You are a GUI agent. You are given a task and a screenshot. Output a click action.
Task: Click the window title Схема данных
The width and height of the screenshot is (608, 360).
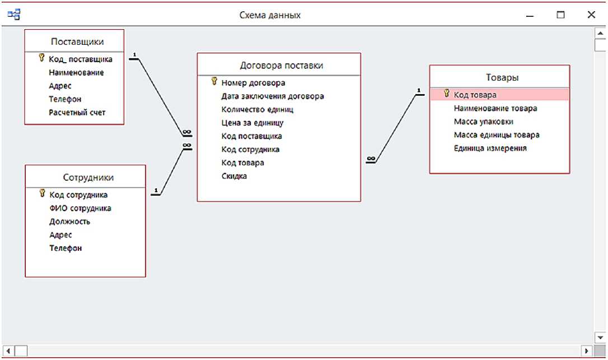pyautogui.click(x=270, y=16)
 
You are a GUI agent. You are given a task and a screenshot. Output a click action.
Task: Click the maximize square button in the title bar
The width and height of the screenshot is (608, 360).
pyautogui.click(x=560, y=16)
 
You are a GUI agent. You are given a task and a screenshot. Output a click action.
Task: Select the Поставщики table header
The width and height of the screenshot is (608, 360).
pyautogui.click(x=77, y=41)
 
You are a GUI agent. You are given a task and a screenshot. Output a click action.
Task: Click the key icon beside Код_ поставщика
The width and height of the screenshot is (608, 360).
pyautogui.click(x=41, y=58)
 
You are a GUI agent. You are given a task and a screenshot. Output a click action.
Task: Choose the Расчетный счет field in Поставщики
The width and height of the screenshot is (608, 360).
pyautogui.click(x=77, y=113)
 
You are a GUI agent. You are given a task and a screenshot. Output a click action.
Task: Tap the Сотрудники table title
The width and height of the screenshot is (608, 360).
pyautogui.click(x=88, y=177)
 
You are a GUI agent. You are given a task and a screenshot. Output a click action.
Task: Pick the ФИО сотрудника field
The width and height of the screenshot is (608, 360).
pyautogui.click(x=80, y=208)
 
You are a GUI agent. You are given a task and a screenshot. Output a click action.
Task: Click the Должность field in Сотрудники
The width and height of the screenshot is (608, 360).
pyautogui.click(x=70, y=222)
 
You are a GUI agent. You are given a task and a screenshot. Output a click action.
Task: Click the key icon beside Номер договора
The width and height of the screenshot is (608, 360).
pyautogui.click(x=214, y=82)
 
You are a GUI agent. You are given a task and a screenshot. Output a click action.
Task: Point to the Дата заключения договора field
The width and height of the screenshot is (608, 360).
pyautogui.click(x=273, y=96)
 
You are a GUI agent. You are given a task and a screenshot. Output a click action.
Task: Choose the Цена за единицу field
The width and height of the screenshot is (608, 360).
pyautogui.click(x=252, y=123)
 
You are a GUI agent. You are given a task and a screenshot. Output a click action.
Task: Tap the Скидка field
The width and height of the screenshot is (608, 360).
pyautogui.click(x=234, y=176)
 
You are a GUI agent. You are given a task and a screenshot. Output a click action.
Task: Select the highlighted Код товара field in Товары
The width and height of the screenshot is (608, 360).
pyautogui.click(x=475, y=95)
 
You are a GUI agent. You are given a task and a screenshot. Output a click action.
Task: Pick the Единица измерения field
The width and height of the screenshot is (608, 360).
pyautogui.click(x=490, y=148)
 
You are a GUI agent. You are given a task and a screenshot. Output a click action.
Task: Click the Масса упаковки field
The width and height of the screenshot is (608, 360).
pyautogui.click(x=483, y=121)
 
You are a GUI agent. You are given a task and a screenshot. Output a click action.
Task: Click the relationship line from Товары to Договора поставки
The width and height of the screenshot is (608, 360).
pyautogui.click(x=395, y=129)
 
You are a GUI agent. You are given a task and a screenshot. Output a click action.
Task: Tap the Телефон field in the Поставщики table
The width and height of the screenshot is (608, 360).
pyautogui.click(x=65, y=99)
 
